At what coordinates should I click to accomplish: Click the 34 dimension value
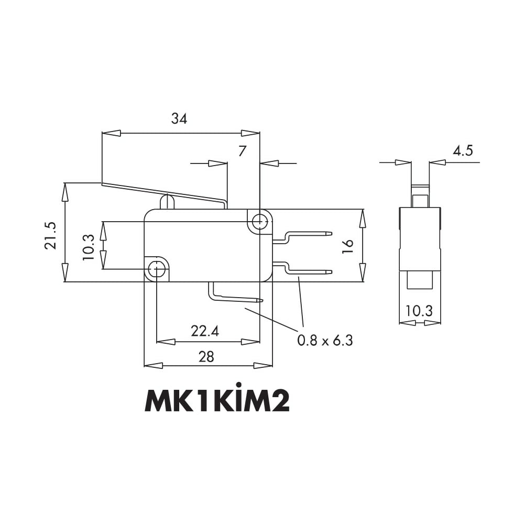(x=179, y=118)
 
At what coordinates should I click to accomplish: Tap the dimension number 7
(x=242, y=151)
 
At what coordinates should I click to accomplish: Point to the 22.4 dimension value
(x=205, y=331)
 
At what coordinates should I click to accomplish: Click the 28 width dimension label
(x=206, y=357)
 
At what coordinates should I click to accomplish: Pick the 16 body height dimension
(x=348, y=246)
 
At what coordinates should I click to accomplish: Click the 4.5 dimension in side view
(x=463, y=151)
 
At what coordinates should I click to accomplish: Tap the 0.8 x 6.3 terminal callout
(x=325, y=340)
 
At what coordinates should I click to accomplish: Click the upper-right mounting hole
(x=259, y=221)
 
